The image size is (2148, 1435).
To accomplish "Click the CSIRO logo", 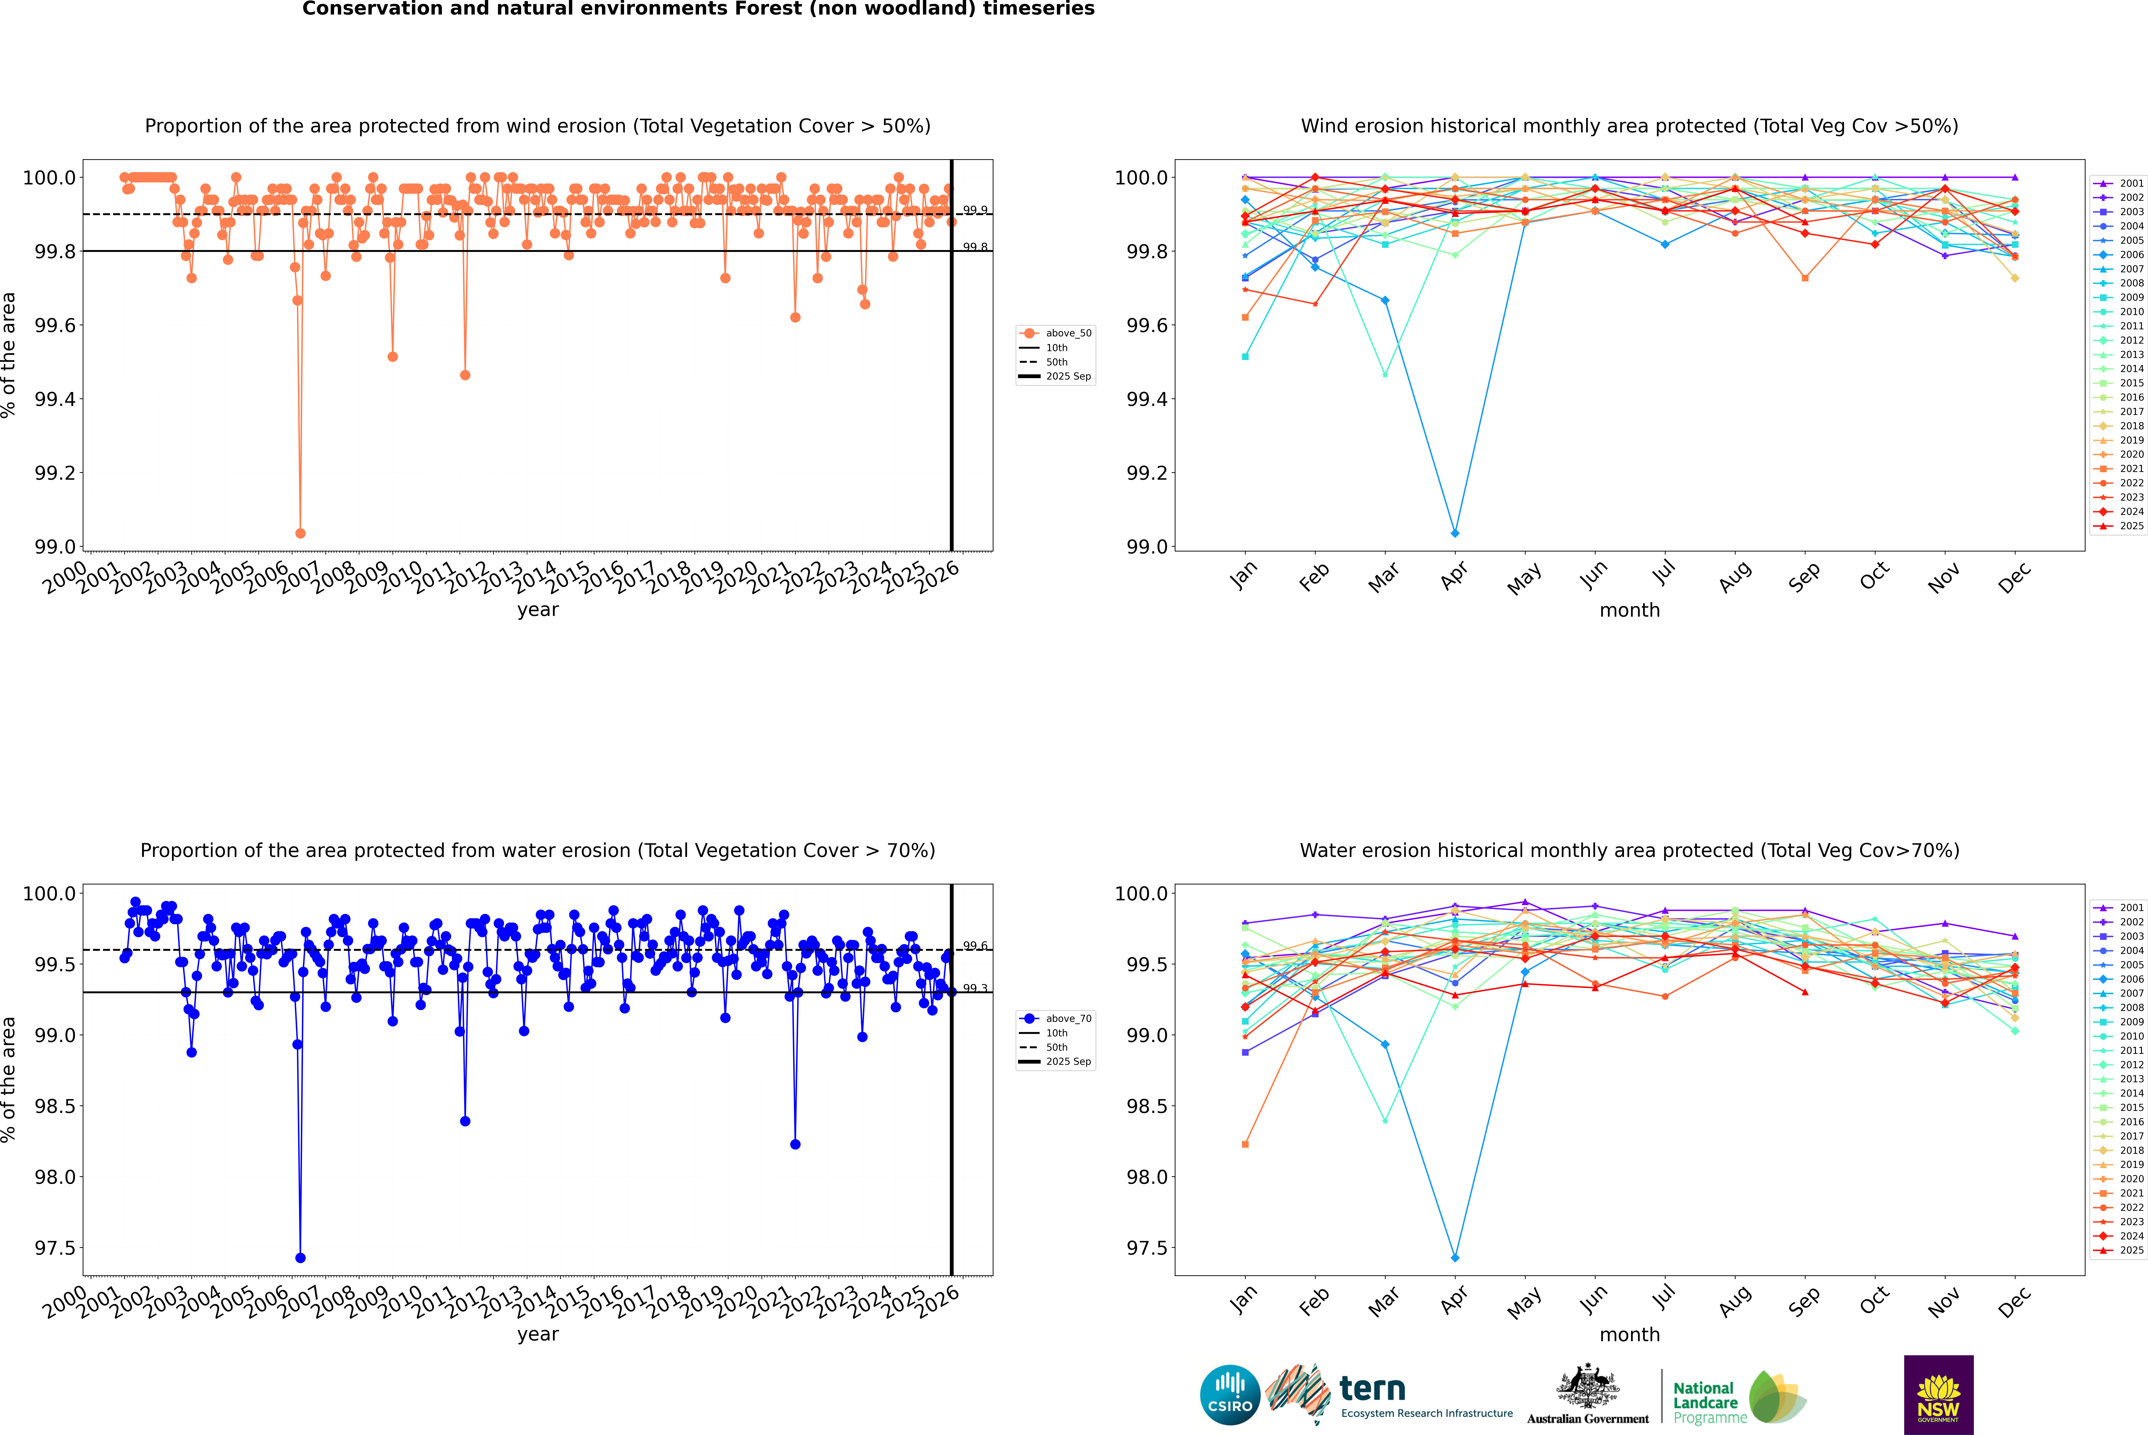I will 1230,1395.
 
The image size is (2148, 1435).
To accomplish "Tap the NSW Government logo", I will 1938,1395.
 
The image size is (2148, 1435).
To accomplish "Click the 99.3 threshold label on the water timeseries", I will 975,988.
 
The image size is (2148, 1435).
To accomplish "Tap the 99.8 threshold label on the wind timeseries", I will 975,247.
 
